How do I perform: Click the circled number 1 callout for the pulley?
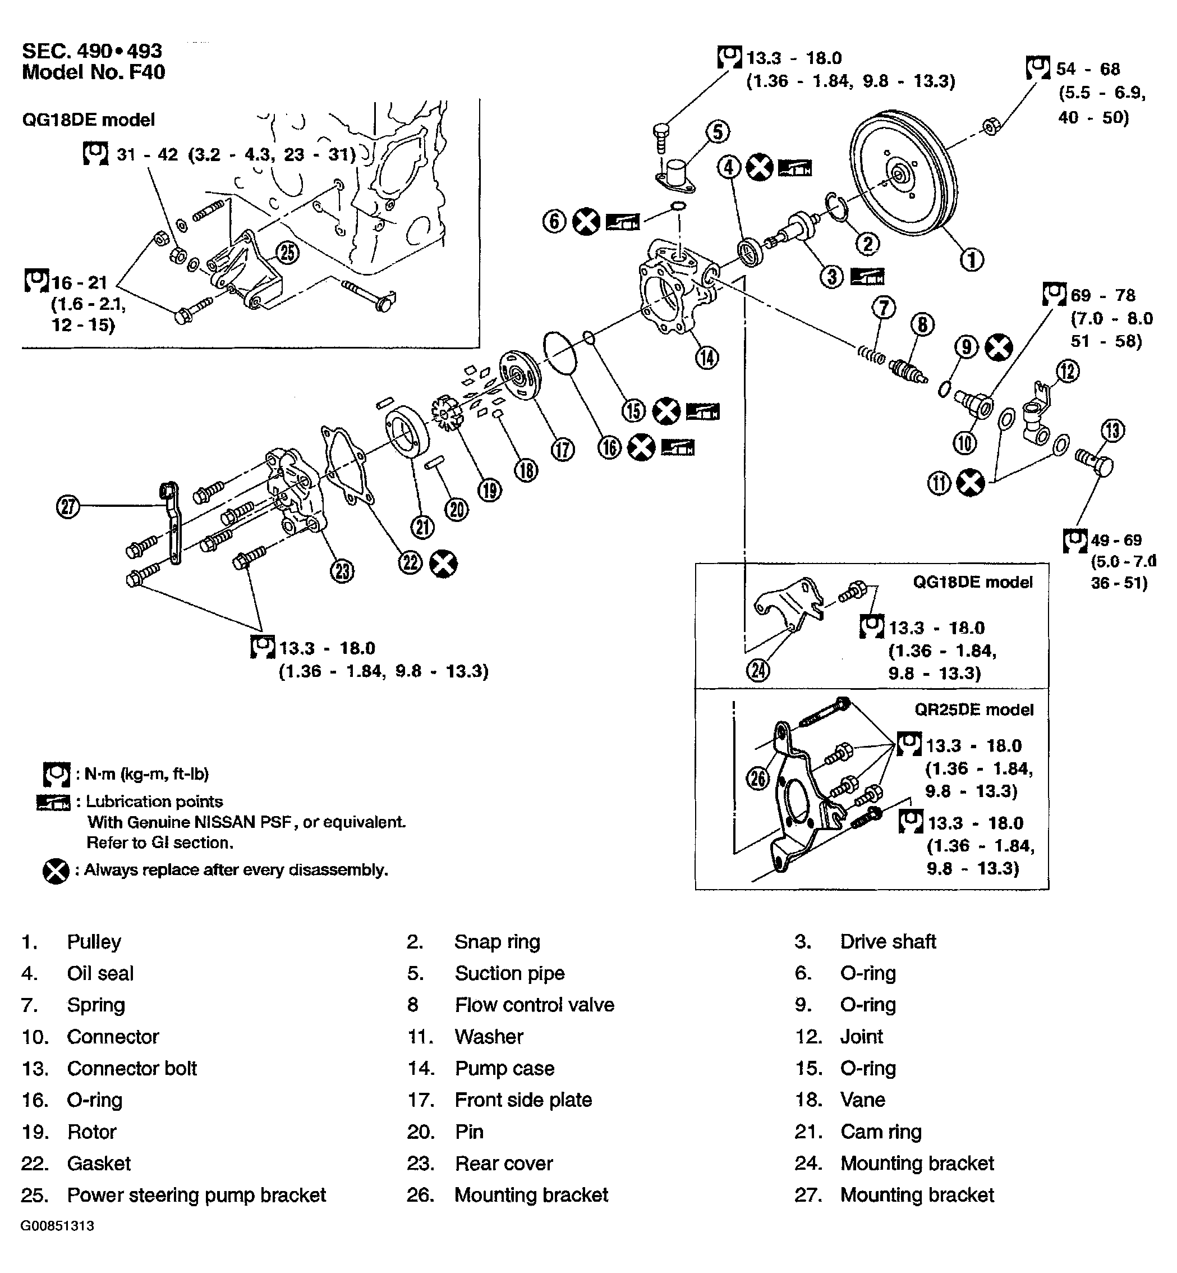(971, 259)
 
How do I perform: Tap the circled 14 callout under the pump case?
(707, 358)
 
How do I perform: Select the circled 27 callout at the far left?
(68, 507)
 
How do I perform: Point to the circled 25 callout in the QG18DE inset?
(287, 253)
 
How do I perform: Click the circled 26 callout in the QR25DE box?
(757, 778)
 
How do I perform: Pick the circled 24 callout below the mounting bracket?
(758, 670)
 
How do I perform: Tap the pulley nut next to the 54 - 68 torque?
(990, 126)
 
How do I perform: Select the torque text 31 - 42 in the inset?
(147, 155)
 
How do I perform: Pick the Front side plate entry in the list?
(523, 1100)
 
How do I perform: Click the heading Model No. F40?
(93, 72)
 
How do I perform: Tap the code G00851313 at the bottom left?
(57, 1226)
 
